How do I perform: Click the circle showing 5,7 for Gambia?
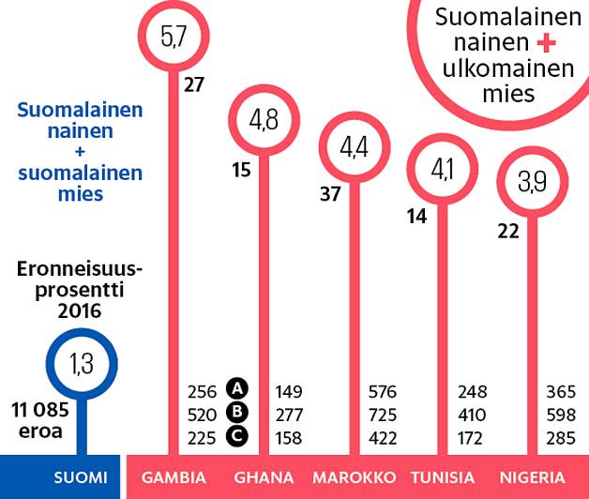(174, 38)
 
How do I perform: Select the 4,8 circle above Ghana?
(263, 120)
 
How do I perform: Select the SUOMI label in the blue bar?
(80, 477)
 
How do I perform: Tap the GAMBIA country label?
(174, 477)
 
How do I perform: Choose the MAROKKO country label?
(354, 477)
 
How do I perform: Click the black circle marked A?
(238, 389)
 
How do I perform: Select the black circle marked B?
(238, 413)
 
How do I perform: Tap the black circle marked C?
(238, 435)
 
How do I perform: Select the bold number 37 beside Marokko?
(330, 193)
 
